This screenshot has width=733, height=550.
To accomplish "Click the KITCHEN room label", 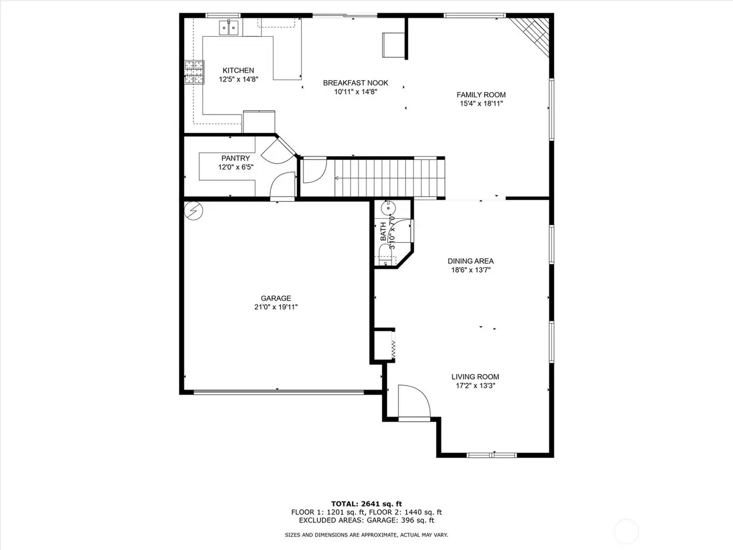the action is [x=238, y=70].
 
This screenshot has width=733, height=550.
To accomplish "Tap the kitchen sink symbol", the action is [x=228, y=27].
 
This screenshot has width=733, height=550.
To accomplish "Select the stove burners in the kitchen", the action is [x=194, y=72].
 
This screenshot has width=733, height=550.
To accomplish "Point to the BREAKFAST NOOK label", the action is [x=355, y=83].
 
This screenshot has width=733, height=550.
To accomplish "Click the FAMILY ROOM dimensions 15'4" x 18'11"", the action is [x=481, y=104].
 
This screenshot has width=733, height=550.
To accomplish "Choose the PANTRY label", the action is [x=235, y=158].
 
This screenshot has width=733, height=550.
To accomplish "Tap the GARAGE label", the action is [x=276, y=298].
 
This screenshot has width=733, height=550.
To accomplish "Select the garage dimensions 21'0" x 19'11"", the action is [x=276, y=307].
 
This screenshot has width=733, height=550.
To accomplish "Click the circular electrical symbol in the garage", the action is [x=194, y=211].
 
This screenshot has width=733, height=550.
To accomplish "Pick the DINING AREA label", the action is [x=471, y=261].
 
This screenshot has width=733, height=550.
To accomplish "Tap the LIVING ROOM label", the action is [x=475, y=377].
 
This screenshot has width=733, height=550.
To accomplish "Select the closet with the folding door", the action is [x=384, y=345].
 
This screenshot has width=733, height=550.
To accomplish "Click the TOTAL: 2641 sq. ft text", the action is [x=366, y=504].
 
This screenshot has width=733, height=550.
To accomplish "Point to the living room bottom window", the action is [x=491, y=455].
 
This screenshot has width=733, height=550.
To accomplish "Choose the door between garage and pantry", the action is [x=282, y=199].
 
